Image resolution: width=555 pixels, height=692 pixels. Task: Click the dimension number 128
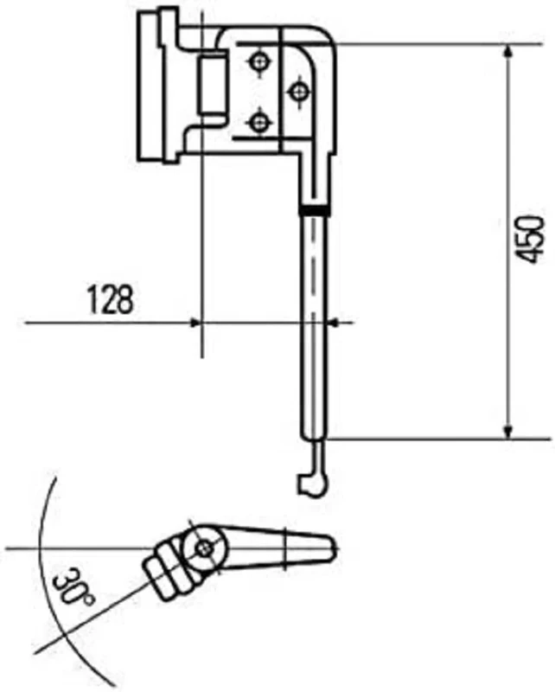tap(111, 299)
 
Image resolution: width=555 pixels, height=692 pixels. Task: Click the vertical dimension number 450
tap(533, 240)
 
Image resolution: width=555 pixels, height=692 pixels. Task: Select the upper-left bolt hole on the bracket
tap(258, 62)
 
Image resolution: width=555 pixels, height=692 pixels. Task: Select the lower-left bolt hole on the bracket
tap(258, 123)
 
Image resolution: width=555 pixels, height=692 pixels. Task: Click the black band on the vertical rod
tap(315, 210)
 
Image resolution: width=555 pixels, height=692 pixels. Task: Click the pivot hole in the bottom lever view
tap(205, 548)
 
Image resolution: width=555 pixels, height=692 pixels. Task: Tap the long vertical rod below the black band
tap(315, 346)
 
